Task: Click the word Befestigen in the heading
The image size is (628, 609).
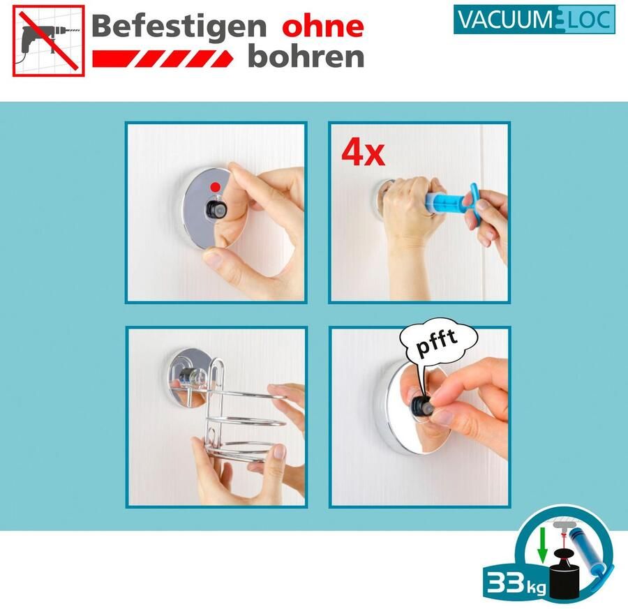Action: (179, 27)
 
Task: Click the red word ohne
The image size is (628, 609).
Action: (323, 27)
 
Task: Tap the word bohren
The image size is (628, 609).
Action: (306, 57)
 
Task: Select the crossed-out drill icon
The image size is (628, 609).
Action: (48, 40)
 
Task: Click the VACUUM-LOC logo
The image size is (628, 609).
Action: (534, 20)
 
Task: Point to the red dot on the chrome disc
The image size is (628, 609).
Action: (216, 186)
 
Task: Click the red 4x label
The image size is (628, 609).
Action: (363, 153)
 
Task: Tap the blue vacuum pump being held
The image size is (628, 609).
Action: (453, 200)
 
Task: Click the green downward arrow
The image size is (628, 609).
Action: (542, 546)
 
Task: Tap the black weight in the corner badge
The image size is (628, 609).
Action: (565, 575)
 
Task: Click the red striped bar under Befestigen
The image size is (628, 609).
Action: (163, 59)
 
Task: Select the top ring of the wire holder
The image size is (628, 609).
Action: (248, 393)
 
